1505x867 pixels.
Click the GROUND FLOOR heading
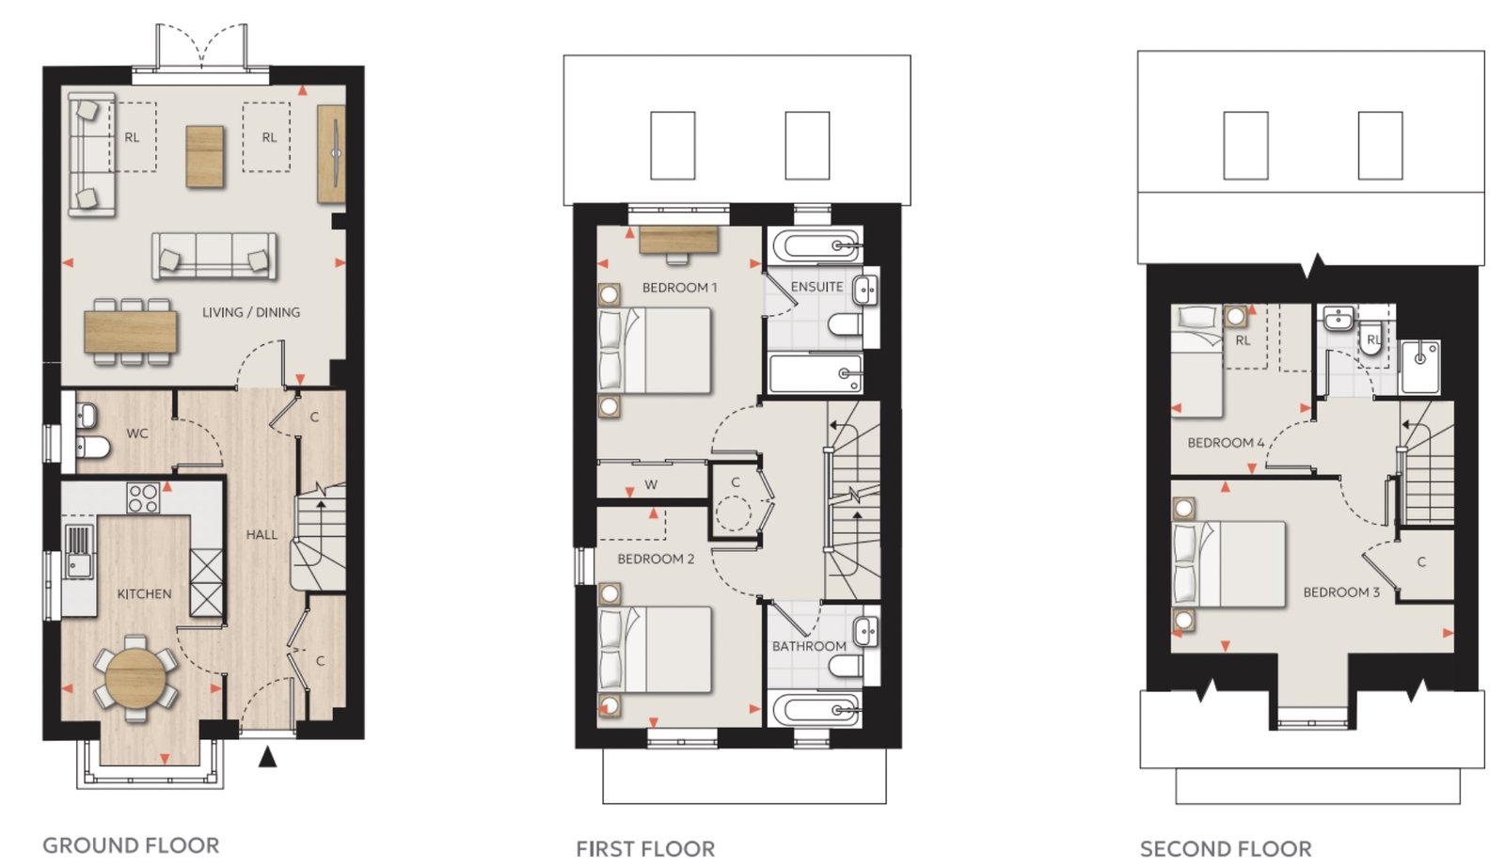tap(131, 844)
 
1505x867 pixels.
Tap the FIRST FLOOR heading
tap(645, 849)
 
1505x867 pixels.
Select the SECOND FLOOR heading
tap(1226, 849)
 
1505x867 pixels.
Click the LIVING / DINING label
tap(251, 312)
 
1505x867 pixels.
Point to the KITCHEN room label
tap(144, 593)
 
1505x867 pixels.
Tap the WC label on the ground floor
tap(137, 433)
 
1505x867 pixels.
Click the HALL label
tap(261, 534)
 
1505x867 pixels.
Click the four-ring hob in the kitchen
tap(143, 497)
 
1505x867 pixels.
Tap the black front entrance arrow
tap(267, 756)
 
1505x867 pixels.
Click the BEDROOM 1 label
tap(679, 288)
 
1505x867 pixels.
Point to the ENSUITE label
tap(816, 287)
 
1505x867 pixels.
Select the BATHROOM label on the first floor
tap(808, 646)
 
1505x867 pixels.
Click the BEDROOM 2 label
tap(655, 559)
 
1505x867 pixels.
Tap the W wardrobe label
tap(650, 484)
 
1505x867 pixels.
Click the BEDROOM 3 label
tap(1341, 592)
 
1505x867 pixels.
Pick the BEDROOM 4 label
tap(1226, 443)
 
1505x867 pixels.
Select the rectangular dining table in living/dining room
tap(131, 332)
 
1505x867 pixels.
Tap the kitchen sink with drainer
tap(79, 552)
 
